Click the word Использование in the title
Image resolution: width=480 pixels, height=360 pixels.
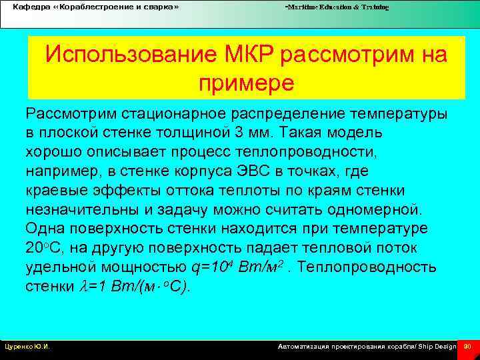[129, 54]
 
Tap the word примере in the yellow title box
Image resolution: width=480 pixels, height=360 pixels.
[246, 83]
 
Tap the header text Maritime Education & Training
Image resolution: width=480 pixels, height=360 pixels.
[336, 7]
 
